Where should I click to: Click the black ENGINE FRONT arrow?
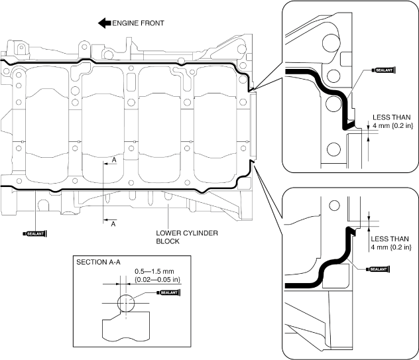point(105,23)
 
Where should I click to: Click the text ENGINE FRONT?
point(138,23)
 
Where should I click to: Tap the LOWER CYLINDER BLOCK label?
point(187,237)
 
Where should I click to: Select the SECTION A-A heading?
point(98,262)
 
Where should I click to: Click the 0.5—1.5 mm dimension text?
point(154,272)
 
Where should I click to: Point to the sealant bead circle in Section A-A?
point(125,303)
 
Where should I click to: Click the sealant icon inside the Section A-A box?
point(168,292)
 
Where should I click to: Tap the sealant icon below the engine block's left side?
point(35,233)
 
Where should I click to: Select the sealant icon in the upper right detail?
point(384,70)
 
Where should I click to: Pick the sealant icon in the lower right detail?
point(378,269)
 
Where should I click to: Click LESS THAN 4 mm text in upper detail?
point(392,121)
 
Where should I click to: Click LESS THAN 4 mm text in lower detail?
point(391,243)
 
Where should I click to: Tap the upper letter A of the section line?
point(114,160)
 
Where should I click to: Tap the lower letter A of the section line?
point(113,223)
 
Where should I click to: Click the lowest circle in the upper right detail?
point(333,149)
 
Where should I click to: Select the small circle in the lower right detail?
point(334,206)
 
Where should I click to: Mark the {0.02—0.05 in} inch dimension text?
point(158,280)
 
